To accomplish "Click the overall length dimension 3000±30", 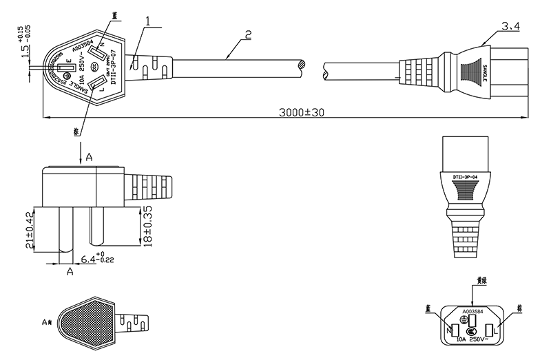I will tap(301, 113).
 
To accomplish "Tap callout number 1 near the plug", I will tap(148, 22).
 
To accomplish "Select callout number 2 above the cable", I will tap(247, 33).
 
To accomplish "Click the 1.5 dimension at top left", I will tap(25, 51).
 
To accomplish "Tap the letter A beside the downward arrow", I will tap(89, 158).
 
